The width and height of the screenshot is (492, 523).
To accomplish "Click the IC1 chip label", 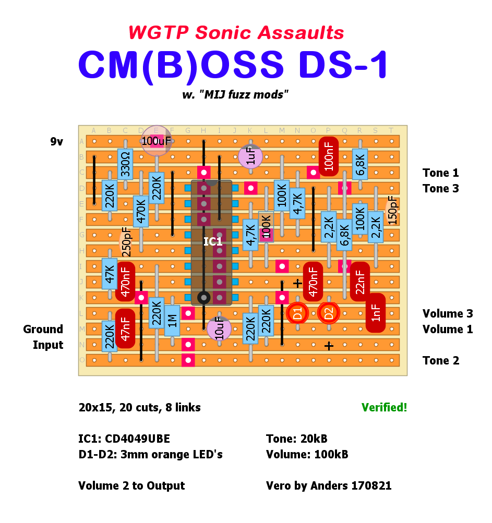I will pos(213,242).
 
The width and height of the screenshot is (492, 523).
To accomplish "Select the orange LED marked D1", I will pos(297,313).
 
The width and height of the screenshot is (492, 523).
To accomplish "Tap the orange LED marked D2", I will pos(329,313).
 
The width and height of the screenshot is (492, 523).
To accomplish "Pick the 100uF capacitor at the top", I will pos(157,141).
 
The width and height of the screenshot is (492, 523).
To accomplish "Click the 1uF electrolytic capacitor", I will pos(250,156).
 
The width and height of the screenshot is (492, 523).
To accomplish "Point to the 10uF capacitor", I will pos(219,329).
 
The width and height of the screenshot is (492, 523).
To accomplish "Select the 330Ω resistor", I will pos(125,164).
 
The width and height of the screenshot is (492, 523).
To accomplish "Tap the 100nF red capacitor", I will pos(329,156).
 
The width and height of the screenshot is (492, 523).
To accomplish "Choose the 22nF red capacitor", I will pos(360,282).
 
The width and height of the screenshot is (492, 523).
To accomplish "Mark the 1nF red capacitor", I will pos(376,313).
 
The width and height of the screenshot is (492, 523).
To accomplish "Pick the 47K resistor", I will pos(110,274).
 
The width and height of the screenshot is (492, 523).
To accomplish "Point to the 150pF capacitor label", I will pos(392,211).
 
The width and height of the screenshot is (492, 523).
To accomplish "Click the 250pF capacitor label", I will pos(126,242).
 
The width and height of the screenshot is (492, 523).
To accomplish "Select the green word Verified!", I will pos(384,408).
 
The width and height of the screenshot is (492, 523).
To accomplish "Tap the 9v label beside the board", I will pos(56,141).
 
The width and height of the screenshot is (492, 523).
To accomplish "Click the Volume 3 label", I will pos(448,313).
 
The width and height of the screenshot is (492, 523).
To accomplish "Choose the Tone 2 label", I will pos(441,360).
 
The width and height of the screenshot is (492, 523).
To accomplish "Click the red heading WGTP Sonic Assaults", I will pos(236,33).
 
